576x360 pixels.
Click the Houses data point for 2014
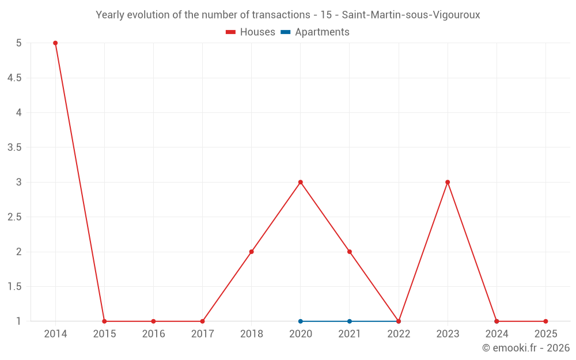(x=55, y=43)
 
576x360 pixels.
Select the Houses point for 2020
(x=301, y=182)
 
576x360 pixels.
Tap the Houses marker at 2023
(x=448, y=182)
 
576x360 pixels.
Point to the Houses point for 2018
(x=252, y=252)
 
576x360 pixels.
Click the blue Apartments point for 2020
(x=301, y=321)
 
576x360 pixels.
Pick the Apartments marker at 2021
(x=350, y=321)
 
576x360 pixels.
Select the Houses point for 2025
(x=545, y=321)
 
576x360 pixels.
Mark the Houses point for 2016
(x=153, y=321)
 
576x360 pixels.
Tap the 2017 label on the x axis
(x=202, y=334)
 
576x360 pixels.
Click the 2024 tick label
(x=497, y=334)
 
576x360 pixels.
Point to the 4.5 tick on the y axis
(x=14, y=78)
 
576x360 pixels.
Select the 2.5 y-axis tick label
(x=14, y=217)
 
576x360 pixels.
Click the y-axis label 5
(x=19, y=43)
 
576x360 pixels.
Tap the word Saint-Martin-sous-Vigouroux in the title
(x=411, y=15)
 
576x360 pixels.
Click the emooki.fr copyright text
(x=525, y=348)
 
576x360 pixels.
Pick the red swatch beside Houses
(x=231, y=32)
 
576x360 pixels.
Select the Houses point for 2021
(x=350, y=252)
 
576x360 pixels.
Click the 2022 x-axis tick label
(x=399, y=334)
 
